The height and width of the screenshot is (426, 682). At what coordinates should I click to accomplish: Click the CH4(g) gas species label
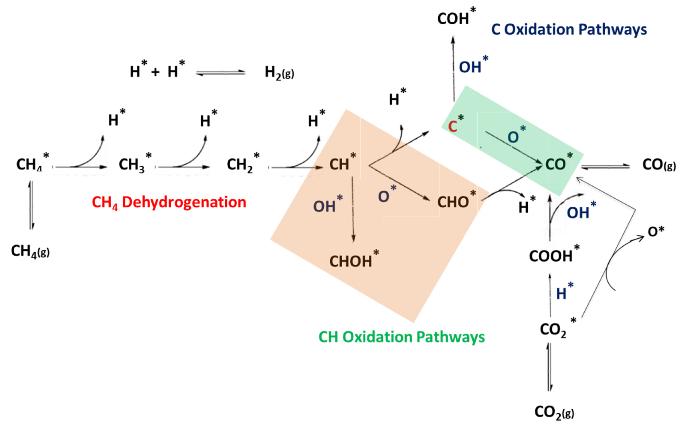click(30, 251)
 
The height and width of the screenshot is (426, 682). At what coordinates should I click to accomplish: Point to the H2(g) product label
click(279, 73)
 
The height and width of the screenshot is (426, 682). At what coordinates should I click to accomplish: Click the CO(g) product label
click(659, 165)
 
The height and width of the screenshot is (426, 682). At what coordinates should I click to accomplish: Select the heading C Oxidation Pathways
click(569, 30)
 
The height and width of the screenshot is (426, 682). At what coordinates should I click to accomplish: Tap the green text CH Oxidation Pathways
click(402, 337)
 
